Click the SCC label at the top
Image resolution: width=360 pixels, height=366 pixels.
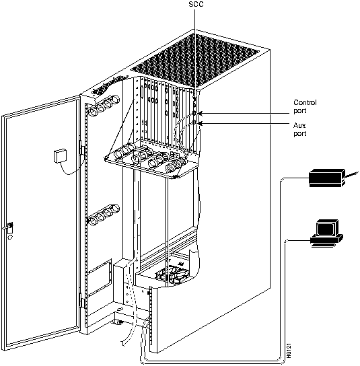point(196,4)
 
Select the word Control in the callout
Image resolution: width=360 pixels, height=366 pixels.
point(305,102)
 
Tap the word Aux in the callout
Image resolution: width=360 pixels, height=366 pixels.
point(299,125)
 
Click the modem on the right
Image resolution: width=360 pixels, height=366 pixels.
point(327,178)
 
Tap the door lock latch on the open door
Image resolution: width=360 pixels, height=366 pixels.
point(10,227)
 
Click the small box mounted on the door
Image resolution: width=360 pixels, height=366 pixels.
point(60,155)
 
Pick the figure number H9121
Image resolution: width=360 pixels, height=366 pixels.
point(289,351)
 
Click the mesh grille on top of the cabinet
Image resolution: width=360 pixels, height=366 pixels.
point(194,61)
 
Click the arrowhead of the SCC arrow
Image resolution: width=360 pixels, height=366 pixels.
point(195,100)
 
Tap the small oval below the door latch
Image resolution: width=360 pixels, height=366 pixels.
point(10,237)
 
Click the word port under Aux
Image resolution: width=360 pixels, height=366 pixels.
point(299,134)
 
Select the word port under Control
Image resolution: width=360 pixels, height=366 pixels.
point(299,110)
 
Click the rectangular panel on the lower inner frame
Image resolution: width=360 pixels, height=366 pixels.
point(99,278)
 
